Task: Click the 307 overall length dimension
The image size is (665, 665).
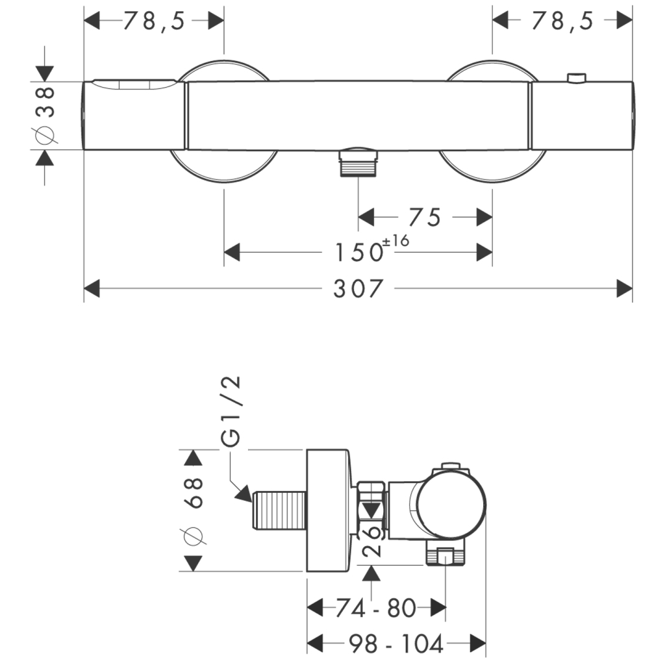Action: pos(358,288)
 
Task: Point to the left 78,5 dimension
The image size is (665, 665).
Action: pos(154,21)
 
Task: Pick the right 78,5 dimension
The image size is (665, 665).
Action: pos(562,21)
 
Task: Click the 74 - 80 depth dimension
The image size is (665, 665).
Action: pos(376,608)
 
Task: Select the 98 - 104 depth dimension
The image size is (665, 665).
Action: pos(396,644)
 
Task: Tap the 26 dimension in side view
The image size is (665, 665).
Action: pos(371,542)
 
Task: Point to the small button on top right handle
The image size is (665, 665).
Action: pos(575,78)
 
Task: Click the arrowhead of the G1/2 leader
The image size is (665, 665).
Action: pos(245,494)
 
